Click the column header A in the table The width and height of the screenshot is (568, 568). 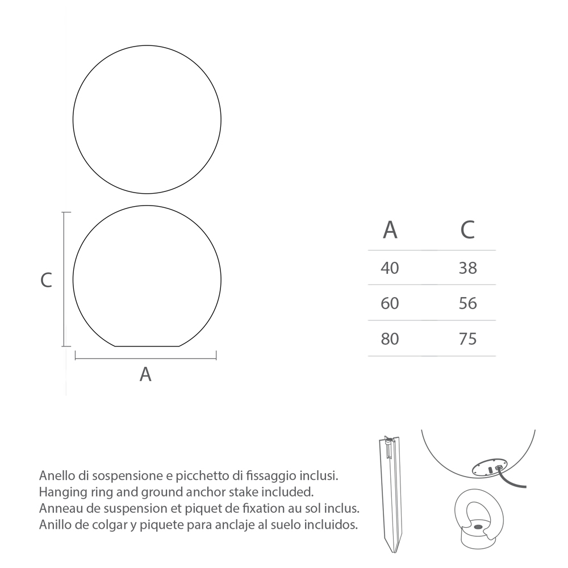[390, 229]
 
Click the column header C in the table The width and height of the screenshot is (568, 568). [467, 229]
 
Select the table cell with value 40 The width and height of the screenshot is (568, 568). [390, 268]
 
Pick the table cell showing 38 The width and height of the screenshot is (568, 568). [467, 268]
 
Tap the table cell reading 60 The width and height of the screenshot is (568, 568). [390, 303]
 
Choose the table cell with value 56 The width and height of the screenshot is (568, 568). [467, 303]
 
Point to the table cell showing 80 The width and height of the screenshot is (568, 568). [390, 339]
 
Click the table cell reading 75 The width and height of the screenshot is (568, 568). [467, 339]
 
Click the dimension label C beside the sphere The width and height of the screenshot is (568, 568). [46, 280]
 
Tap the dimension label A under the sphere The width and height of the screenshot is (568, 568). [145, 374]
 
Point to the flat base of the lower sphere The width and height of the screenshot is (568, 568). [147, 345]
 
